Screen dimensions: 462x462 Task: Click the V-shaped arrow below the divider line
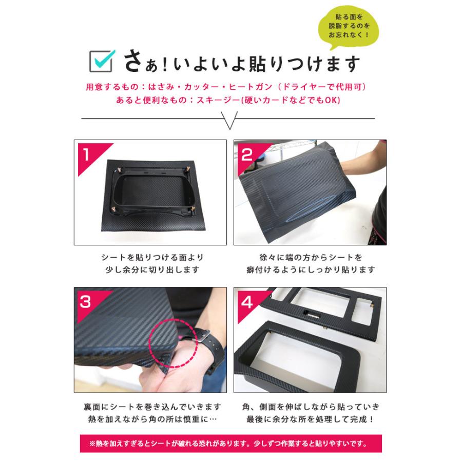229,120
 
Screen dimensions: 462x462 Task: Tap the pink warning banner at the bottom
230,443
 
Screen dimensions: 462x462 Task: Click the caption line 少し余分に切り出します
152,269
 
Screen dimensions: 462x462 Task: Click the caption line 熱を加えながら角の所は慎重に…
152,419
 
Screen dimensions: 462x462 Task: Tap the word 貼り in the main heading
266,64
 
